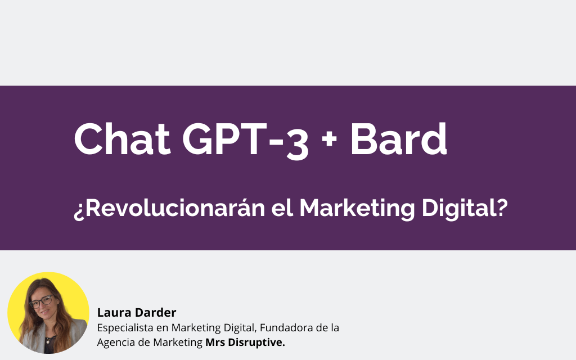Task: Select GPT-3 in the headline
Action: [x=245, y=139]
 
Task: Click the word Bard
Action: [x=398, y=139]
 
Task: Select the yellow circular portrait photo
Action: [x=48, y=313]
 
